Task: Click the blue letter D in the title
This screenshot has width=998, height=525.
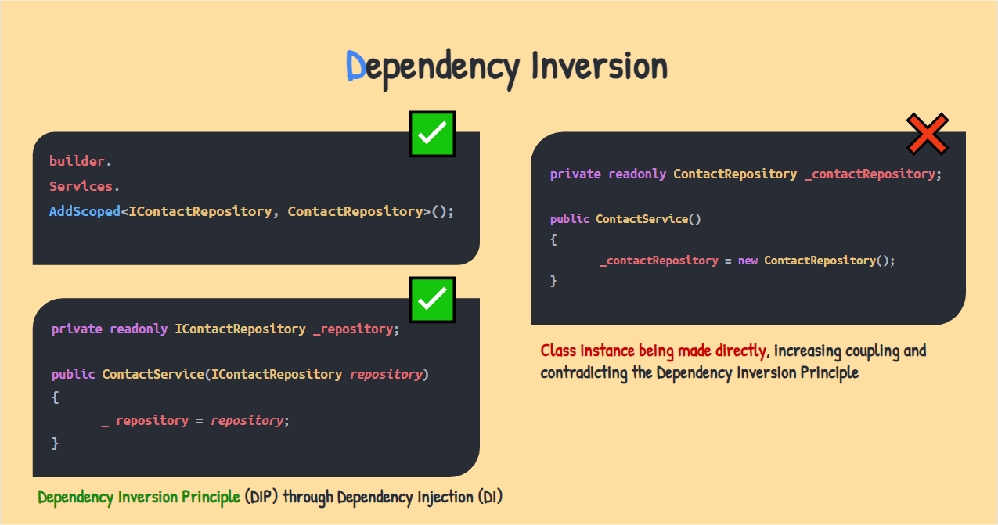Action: tap(355, 66)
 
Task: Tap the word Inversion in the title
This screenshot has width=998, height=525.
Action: tap(600, 66)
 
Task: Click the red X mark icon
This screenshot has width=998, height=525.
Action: tap(928, 134)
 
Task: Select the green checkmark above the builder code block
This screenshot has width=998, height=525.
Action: tap(432, 134)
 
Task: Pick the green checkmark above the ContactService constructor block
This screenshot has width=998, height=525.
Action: tap(432, 300)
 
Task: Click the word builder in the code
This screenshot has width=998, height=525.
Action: tap(77, 160)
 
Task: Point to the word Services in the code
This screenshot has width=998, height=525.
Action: tap(81, 186)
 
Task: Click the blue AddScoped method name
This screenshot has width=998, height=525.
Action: tap(85, 211)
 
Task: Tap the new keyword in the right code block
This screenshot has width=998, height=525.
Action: tap(748, 261)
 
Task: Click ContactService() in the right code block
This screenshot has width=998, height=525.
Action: tap(648, 219)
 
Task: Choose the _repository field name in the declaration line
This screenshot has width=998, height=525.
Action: tap(353, 329)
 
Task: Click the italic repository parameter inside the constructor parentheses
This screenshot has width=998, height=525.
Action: tap(386, 375)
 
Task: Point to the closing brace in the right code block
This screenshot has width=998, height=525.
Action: tap(553, 281)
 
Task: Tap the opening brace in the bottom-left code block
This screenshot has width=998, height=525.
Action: tap(56, 397)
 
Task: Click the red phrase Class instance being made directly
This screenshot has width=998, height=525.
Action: tap(653, 351)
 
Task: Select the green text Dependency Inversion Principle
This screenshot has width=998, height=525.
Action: tap(139, 497)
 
